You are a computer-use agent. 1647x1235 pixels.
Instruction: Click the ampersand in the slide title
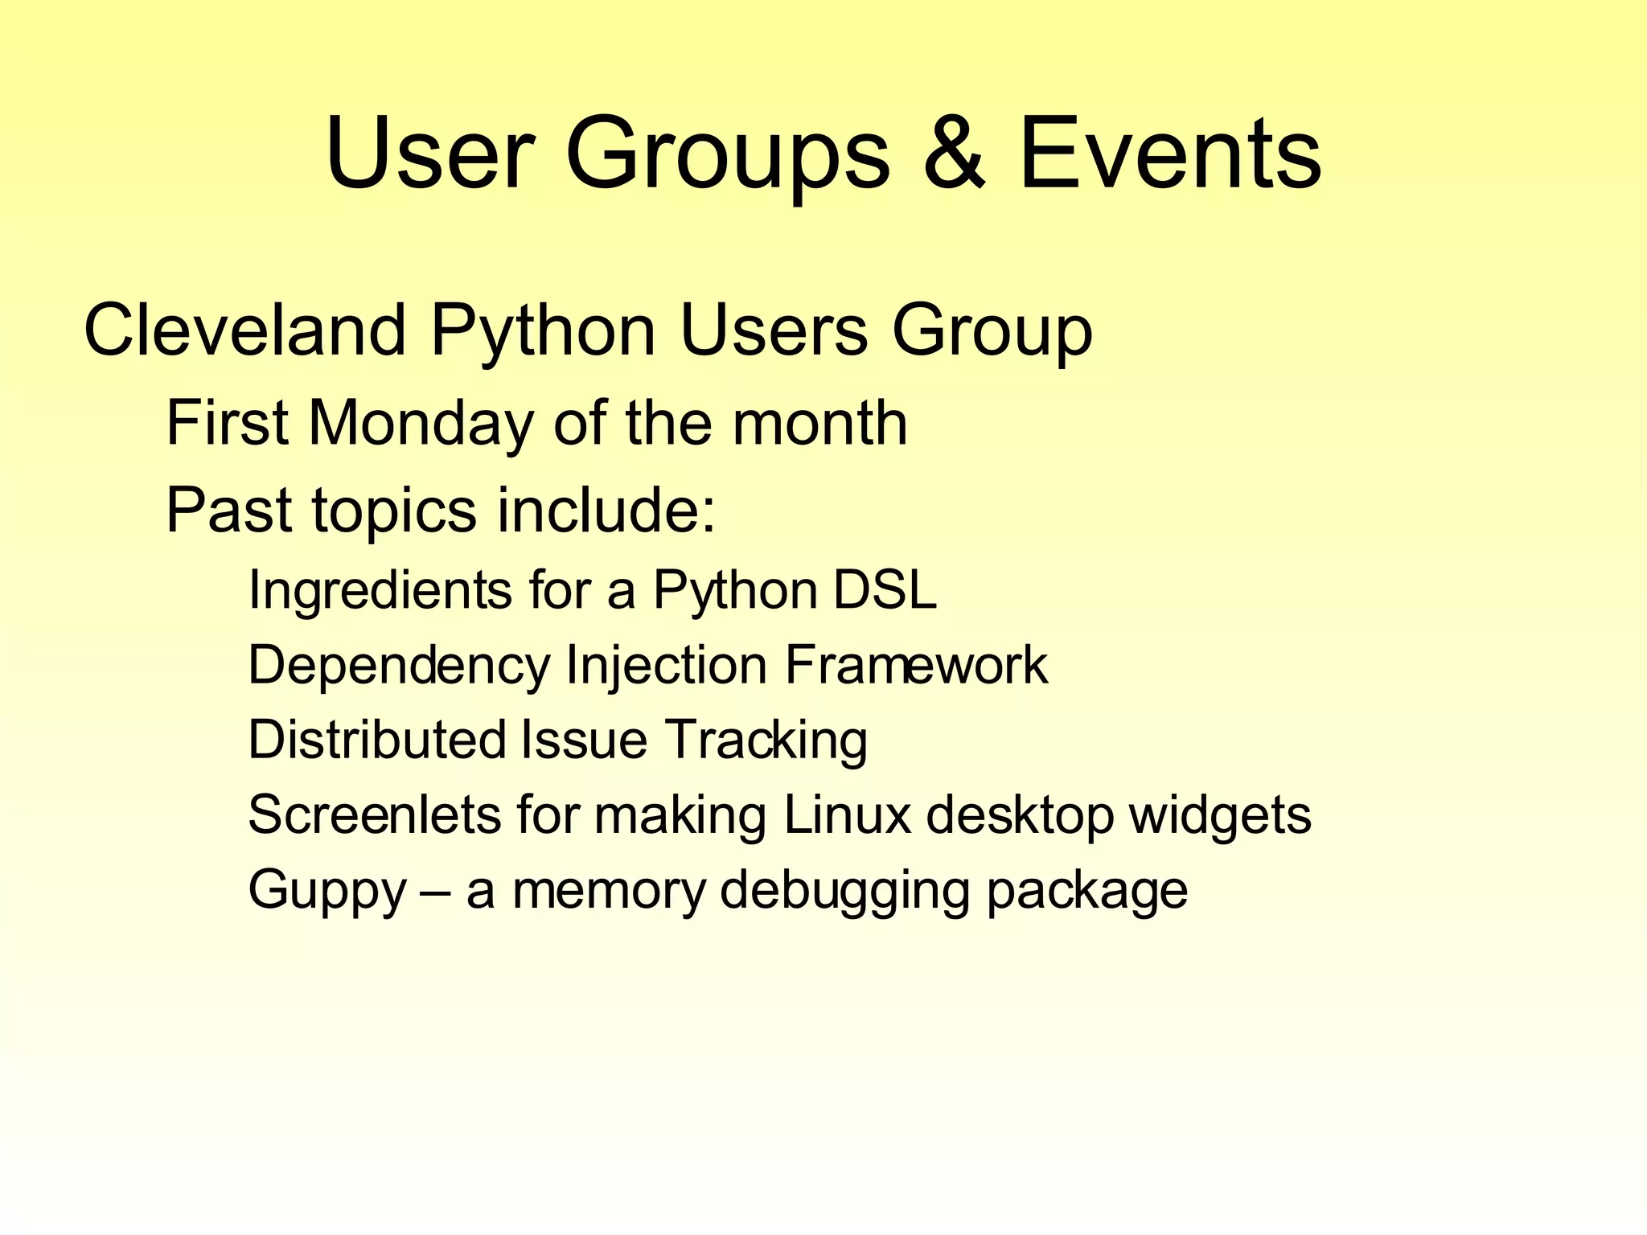[x=955, y=153]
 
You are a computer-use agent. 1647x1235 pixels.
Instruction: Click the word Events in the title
[x=1170, y=153]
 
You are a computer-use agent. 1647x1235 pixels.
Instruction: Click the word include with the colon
[x=606, y=510]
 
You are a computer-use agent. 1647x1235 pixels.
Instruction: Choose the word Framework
[x=916, y=665]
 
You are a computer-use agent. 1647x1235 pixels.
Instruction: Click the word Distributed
[x=376, y=740]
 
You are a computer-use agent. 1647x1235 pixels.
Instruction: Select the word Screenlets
[x=375, y=814]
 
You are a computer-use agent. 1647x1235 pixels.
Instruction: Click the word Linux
[x=847, y=814]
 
